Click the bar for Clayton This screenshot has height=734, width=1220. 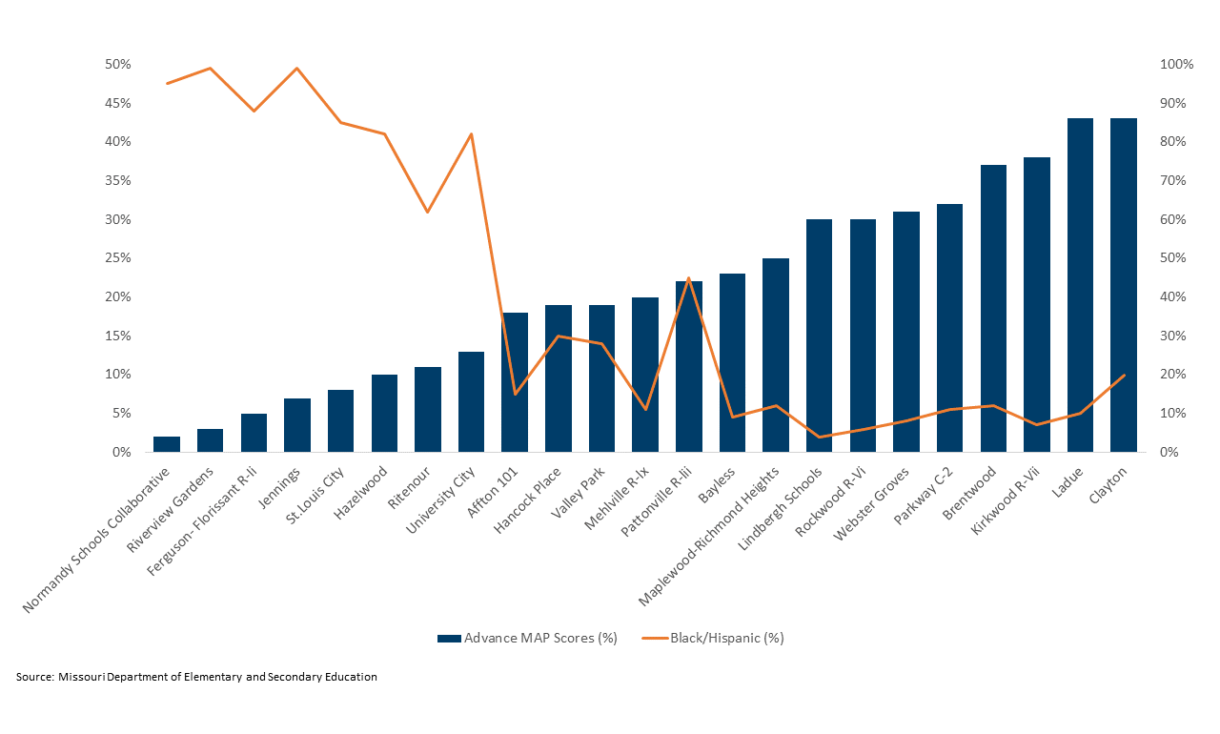(x=1124, y=285)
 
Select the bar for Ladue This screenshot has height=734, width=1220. (x=1080, y=285)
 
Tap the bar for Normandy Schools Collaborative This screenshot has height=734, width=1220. (x=167, y=444)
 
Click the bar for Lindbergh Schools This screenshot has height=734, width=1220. (x=819, y=336)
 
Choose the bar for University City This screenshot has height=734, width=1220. (x=471, y=401)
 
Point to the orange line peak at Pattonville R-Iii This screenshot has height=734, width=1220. (x=688, y=278)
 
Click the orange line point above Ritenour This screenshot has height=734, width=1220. (x=428, y=212)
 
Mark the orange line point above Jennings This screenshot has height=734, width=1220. (x=297, y=69)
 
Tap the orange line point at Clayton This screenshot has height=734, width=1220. (x=1124, y=376)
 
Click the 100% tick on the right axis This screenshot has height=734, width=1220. (x=1175, y=65)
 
